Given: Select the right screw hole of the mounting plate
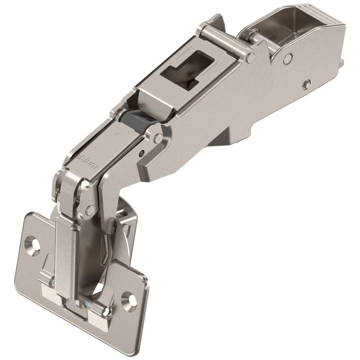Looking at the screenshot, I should (130, 297).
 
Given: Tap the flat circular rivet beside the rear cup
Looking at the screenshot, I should (286, 59).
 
